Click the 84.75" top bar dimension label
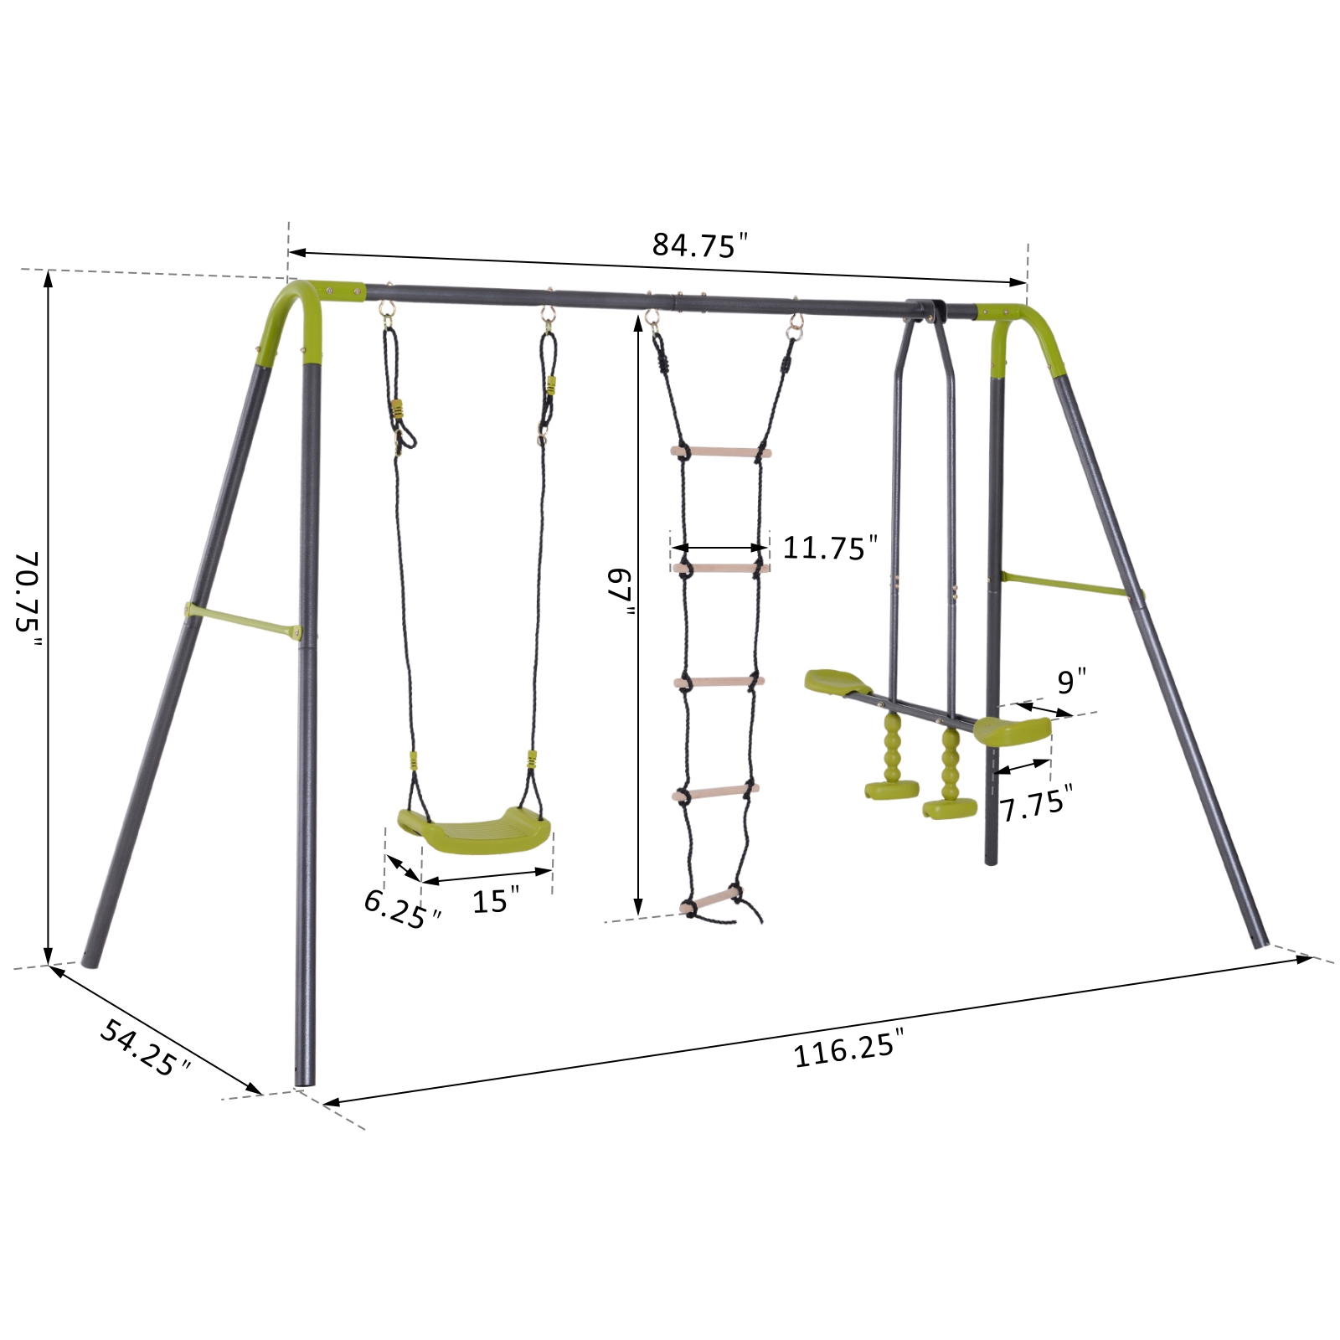coord(698,245)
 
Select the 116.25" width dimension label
coord(848,1049)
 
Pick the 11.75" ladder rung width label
coord(829,548)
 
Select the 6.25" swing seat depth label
coord(401,908)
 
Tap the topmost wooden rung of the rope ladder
coord(721,452)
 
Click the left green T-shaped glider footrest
coord(891,788)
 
